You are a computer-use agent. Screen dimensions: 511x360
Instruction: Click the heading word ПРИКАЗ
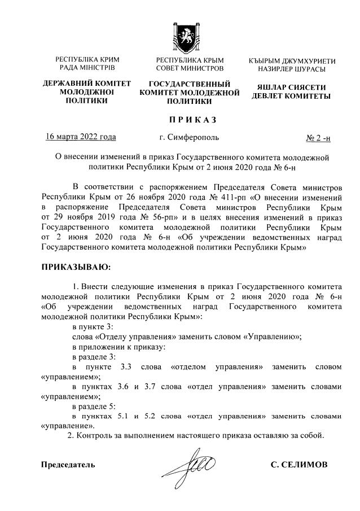[190, 120]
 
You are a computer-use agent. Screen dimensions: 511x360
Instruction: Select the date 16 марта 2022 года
[81, 137]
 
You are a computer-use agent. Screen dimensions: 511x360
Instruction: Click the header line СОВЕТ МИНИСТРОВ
[190, 68]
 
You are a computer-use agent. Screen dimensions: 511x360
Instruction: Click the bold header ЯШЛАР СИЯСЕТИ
[292, 88]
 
